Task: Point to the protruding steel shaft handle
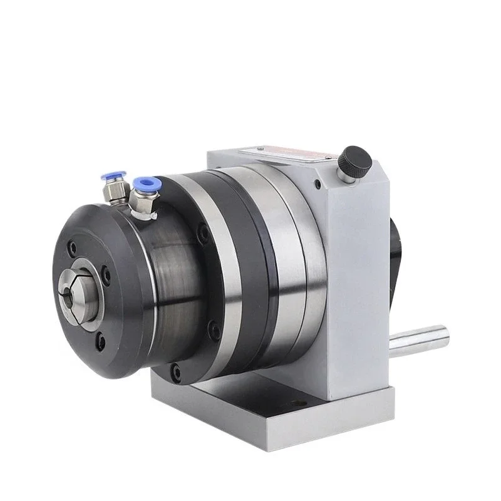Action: [420, 339]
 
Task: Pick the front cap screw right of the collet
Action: [107, 274]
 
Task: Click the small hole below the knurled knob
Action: [319, 185]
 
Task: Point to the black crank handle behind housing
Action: [401, 250]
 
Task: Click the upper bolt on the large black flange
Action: [203, 233]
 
